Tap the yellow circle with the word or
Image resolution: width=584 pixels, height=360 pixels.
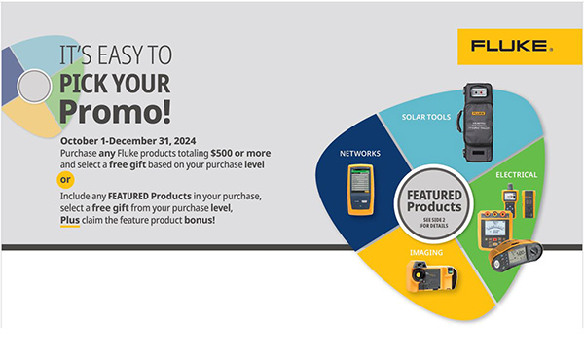[65, 179]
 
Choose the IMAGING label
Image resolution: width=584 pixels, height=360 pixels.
[425, 253]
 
